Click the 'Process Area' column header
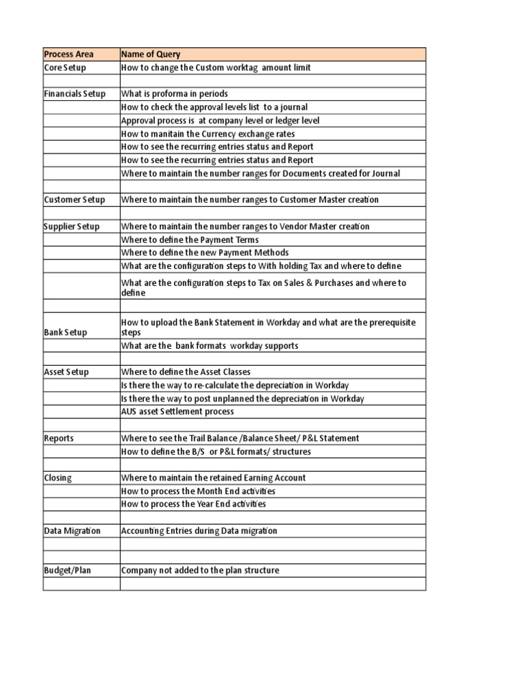(x=69, y=55)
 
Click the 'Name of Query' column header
(x=151, y=55)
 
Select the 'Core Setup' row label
(x=65, y=68)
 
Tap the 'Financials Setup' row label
(x=74, y=94)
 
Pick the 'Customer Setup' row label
(x=74, y=200)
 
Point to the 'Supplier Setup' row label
(x=72, y=227)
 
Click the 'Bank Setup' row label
(x=65, y=332)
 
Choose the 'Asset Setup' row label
(x=66, y=372)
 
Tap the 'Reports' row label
(x=59, y=438)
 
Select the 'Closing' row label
(x=57, y=478)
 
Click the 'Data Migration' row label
(x=72, y=531)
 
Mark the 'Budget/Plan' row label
(x=67, y=571)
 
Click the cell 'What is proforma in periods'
(x=175, y=94)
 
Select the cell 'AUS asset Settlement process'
(x=177, y=412)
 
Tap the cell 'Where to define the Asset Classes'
(x=186, y=372)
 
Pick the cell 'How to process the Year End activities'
(x=194, y=504)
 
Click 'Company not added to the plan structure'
(x=200, y=571)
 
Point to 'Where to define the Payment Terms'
(x=190, y=240)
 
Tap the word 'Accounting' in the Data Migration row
(x=142, y=531)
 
